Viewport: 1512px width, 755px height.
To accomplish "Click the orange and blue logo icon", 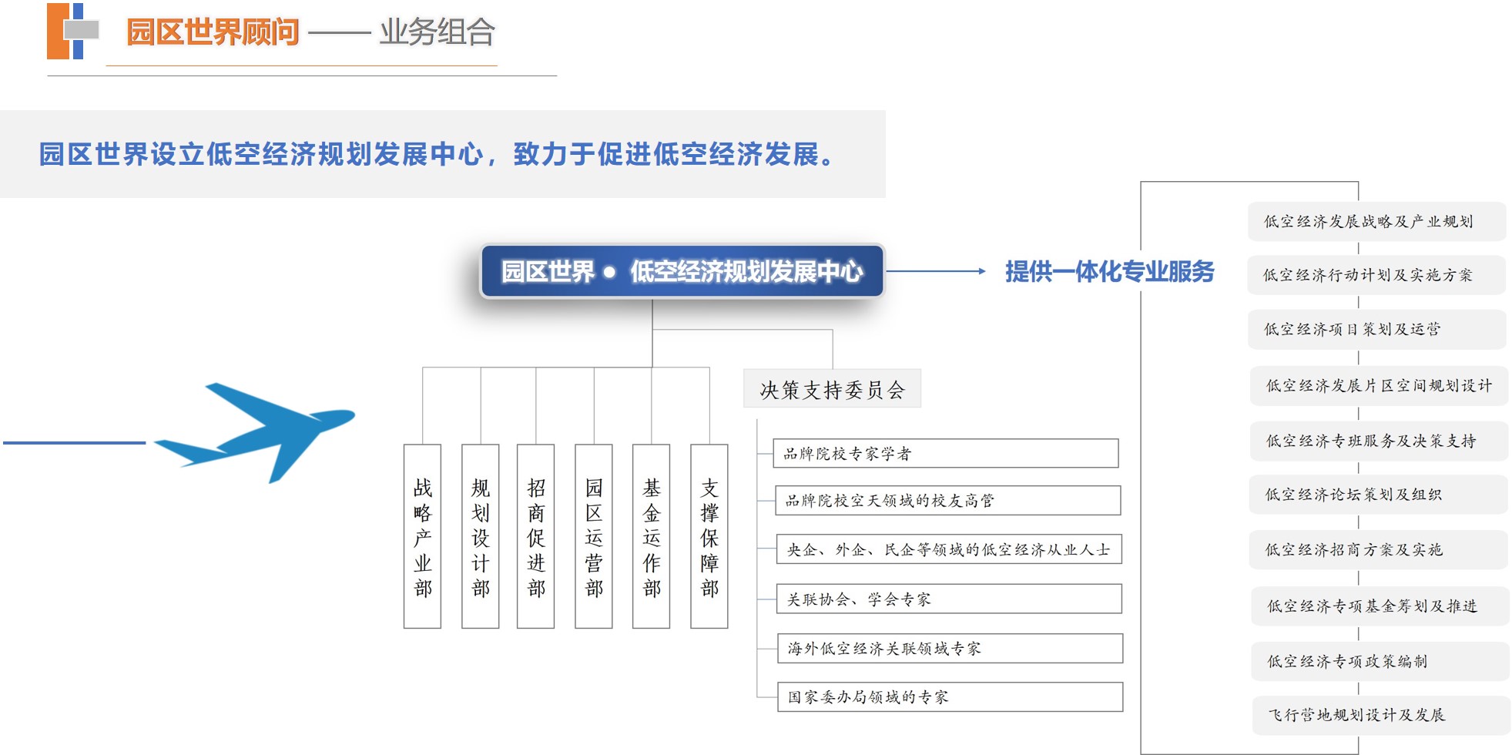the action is pyautogui.click(x=73, y=31).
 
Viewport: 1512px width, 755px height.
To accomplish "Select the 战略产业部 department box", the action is pyautogui.click(x=422, y=536).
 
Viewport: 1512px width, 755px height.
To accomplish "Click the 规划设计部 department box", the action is pyautogui.click(x=480, y=536).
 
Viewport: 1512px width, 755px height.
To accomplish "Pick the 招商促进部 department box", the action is pyautogui.click(x=536, y=536).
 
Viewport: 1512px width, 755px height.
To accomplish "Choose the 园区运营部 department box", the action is pyautogui.click(x=594, y=536).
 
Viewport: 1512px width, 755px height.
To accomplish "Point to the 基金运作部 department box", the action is pyautogui.click(x=652, y=536).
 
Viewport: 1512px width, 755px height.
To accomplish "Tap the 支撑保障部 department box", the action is pyautogui.click(x=709, y=536).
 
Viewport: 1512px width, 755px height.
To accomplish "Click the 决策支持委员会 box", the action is pyautogui.click(x=832, y=389).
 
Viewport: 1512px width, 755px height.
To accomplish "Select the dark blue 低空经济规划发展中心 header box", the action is pyautogui.click(x=682, y=271).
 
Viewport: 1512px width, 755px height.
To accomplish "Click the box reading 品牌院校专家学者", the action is pyautogui.click(x=946, y=453).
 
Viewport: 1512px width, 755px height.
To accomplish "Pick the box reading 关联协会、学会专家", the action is pyautogui.click(x=949, y=599).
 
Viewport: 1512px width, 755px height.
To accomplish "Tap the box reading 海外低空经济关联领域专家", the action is pyautogui.click(x=950, y=648).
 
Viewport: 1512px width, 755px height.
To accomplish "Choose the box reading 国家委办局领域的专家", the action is pyautogui.click(x=950, y=696).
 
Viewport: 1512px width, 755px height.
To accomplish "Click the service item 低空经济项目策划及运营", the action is pyautogui.click(x=1377, y=329).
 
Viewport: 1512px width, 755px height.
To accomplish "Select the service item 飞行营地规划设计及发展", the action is pyautogui.click(x=1381, y=715).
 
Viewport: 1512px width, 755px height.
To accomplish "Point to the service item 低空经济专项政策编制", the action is pyautogui.click(x=1380, y=661).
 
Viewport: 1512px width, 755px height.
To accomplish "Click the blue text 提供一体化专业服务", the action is pyautogui.click(x=1109, y=271).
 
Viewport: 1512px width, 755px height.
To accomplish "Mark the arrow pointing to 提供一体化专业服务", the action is pyautogui.click(x=936, y=271).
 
